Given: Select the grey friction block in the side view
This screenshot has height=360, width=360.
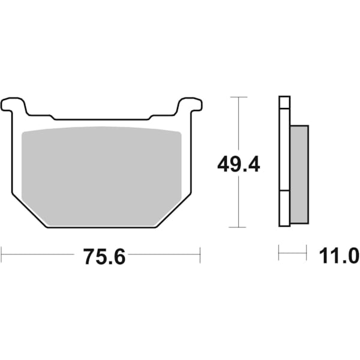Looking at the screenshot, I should pyautogui.click(x=299, y=174).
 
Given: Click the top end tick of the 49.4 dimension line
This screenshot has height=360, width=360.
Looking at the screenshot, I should pyautogui.click(x=239, y=97).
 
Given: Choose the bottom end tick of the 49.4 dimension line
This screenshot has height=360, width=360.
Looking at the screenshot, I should pyautogui.click(x=239, y=227).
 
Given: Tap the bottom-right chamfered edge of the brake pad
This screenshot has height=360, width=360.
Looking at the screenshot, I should pyautogui.click(x=173, y=211).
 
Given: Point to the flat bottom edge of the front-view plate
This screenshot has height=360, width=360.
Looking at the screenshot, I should pyautogui.click(x=101, y=227).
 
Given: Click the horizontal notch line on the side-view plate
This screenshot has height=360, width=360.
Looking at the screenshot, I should pyautogui.click(x=284, y=191).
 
